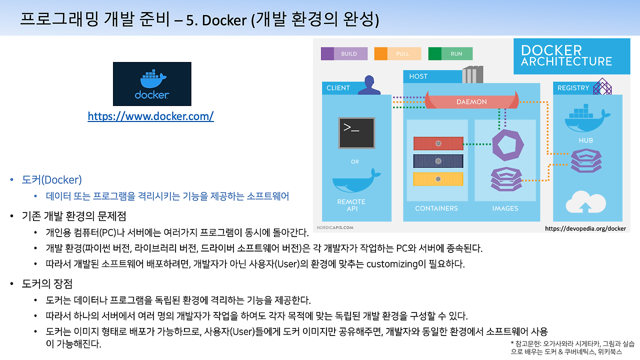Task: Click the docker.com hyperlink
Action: click(150, 116)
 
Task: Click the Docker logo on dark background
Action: click(152, 83)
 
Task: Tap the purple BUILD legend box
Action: click(344, 53)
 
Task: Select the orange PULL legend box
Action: click(397, 53)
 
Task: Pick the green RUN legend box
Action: click(450, 53)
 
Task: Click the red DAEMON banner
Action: click(471, 101)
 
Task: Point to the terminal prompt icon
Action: click(356, 132)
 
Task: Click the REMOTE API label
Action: click(351, 205)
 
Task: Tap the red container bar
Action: click(438, 143)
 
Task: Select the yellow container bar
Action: click(438, 178)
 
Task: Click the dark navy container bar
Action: click(438, 161)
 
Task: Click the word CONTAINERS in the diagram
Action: click(436, 208)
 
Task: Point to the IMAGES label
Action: click(505, 208)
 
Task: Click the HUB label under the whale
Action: click(585, 140)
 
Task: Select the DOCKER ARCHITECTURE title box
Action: click(566, 56)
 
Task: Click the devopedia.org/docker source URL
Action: click(585, 228)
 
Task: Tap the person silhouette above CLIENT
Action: click(369, 85)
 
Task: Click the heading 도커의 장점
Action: click(47, 284)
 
